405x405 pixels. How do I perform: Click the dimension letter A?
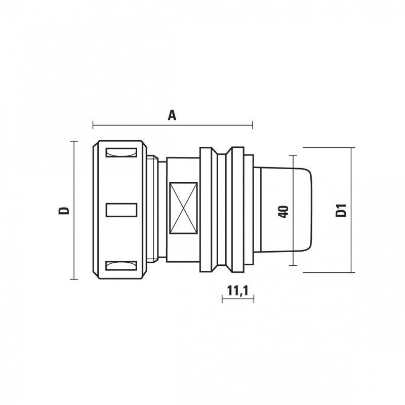[172, 115]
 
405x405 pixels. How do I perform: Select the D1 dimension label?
[341, 210]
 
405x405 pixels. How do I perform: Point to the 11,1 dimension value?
[237, 291]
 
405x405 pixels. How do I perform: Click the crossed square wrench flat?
[183, 208]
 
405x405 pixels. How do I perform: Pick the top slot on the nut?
[121, 152]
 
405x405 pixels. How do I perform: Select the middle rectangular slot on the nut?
[121, 210]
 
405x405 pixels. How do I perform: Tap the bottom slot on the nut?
[121, 266]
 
